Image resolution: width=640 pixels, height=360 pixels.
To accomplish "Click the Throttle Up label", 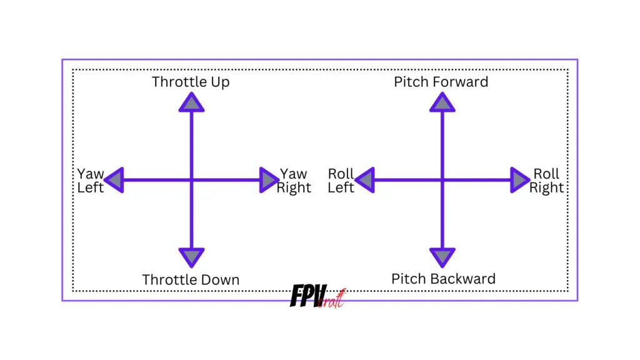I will coord(191,82).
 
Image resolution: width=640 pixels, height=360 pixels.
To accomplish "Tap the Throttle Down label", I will coord(191,279).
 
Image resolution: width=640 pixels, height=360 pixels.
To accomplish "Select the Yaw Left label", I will coord(91,181).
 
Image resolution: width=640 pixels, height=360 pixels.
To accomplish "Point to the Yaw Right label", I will coord(294,181).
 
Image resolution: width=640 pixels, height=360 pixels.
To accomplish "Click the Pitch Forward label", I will coord(441,82).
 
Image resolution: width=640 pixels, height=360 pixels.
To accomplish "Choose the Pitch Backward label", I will coord(443,279).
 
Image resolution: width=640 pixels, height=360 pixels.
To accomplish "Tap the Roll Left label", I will coord(341,181).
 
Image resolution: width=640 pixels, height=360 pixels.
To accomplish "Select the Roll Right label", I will coord(546,181).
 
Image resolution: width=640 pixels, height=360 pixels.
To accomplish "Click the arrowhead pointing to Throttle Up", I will coord(191,103).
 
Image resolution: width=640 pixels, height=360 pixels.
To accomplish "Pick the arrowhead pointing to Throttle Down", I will coord(191,256).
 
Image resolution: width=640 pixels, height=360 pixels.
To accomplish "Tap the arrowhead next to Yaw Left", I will coord(115,180).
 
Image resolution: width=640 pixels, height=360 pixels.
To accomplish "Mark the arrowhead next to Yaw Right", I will coord(268,180).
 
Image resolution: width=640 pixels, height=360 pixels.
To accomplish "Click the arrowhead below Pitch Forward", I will coord(442,103).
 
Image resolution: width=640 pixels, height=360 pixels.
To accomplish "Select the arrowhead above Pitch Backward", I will coord(442,256).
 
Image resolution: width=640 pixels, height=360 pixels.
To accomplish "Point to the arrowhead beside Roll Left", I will coord(366,180).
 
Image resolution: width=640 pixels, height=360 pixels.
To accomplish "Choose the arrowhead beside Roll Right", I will coord(519,180).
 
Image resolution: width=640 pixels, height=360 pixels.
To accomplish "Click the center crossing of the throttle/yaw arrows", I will coord(191,180).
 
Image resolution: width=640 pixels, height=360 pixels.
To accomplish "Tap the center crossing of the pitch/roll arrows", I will coord(442,180).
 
